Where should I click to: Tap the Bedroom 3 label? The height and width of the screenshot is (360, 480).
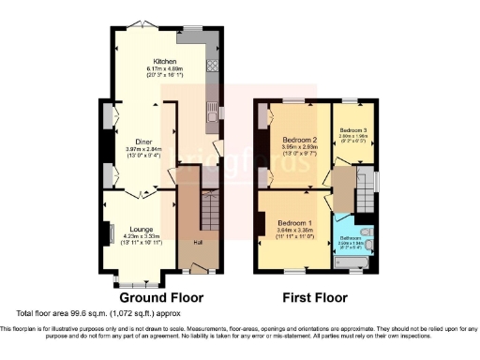pos(352,129)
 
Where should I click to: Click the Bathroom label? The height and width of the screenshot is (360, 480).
pos(351,238)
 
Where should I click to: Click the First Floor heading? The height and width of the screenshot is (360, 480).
pos(316,298)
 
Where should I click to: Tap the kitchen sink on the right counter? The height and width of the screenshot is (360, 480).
pos(212,115)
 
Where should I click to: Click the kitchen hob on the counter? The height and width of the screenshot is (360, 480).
pos(212,67)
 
